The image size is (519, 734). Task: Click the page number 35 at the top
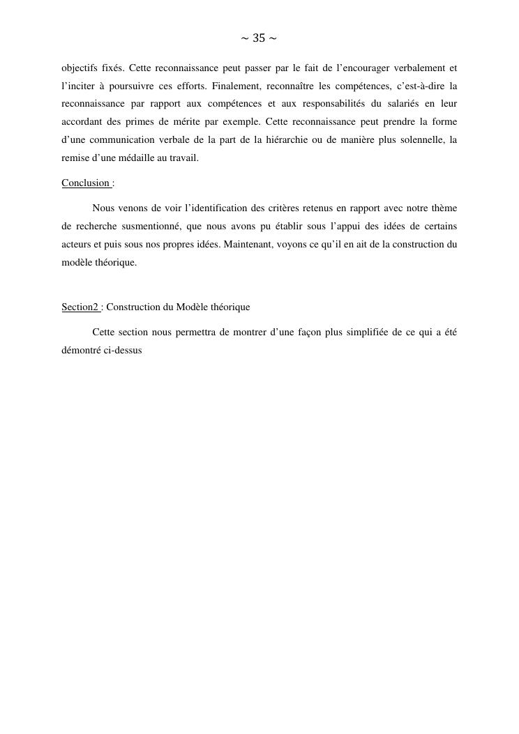259,38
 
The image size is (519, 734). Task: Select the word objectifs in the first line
80,68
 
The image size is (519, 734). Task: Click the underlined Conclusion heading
86,183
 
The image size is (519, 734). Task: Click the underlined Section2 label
80,307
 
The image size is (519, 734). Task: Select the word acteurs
76,245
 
